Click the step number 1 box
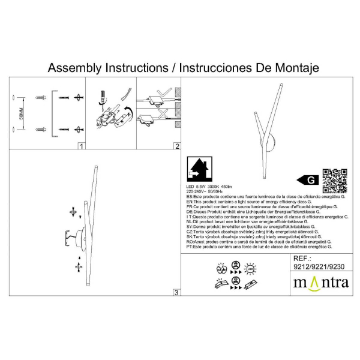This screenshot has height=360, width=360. click(81, 146)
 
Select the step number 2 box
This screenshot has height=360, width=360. click(176, 146)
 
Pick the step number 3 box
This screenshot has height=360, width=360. click(176, 292)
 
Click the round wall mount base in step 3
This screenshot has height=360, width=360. click(71, 236)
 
